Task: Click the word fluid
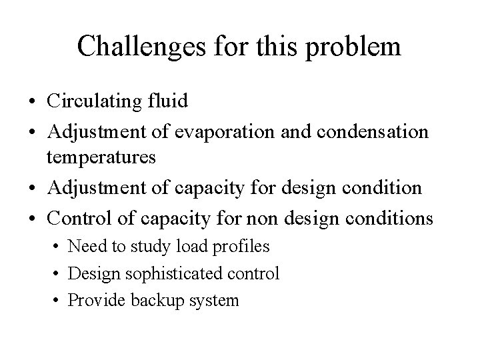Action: pyautogui.click(x=170, y=102)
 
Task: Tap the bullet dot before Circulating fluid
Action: pyautogui.click(x=33, y=103)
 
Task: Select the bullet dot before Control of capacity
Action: pyautogui.click(x=33, y=218)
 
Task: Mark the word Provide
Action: pyautogui.click(x=94, y=301)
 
